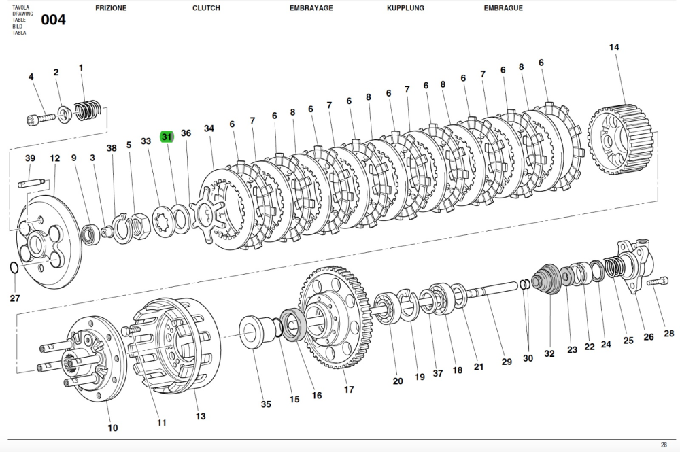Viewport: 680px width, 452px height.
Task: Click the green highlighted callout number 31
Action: (x=167, y=137)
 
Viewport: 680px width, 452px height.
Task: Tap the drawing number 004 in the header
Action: (x=53, y=20)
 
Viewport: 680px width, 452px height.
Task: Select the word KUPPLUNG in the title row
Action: (x=405, y=8)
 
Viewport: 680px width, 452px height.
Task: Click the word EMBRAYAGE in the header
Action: (x=311, y=8)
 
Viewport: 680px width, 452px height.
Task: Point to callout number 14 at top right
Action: (x=614, y=47)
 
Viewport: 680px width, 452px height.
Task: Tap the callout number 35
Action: (x=266, y=404)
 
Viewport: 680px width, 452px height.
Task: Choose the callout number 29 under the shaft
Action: (x=507, y=362)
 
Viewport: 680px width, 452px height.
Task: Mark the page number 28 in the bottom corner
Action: (x=663, y=445)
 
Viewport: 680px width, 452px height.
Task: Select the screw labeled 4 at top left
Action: (x=41, y=119)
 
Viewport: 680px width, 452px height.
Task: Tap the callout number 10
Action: (x=113, y=428)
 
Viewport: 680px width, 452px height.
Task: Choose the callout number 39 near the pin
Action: (x=30, y=158)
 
